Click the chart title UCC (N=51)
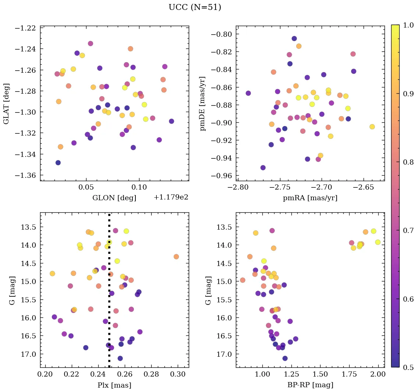195,7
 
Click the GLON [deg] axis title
114,198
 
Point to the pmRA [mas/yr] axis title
310,198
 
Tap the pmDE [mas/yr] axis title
203,104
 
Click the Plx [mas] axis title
114,385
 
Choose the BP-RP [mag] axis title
310,385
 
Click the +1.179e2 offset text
171,197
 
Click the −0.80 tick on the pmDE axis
221,34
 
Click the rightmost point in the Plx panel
176,256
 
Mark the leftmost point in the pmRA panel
248,93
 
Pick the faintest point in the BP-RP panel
285,358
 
